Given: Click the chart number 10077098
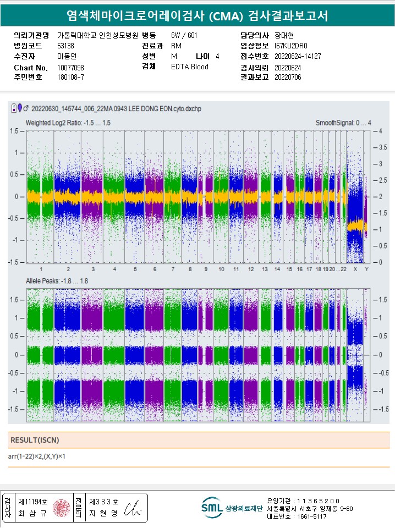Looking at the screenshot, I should [x=70, y=68].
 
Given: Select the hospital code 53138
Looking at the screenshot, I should [x=65, y=46].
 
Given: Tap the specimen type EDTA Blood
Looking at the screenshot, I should [x=190, y=67].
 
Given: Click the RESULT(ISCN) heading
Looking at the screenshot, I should [x=35, y=440].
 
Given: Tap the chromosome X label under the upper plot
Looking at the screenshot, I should [x=355, y=269].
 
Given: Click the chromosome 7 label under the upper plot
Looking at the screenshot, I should [x=173, y=269].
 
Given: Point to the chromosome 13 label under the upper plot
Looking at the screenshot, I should [x=265, y=269].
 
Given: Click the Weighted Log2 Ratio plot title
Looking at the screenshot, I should [x=68, y=123].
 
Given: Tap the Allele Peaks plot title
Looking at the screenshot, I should [x=57, y=282].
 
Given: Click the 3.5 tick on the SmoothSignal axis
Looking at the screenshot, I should [x=380, y=147].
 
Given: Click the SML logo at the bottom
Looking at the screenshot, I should [x=212, y=508].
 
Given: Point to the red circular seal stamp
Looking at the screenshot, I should [x=60, y=508].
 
